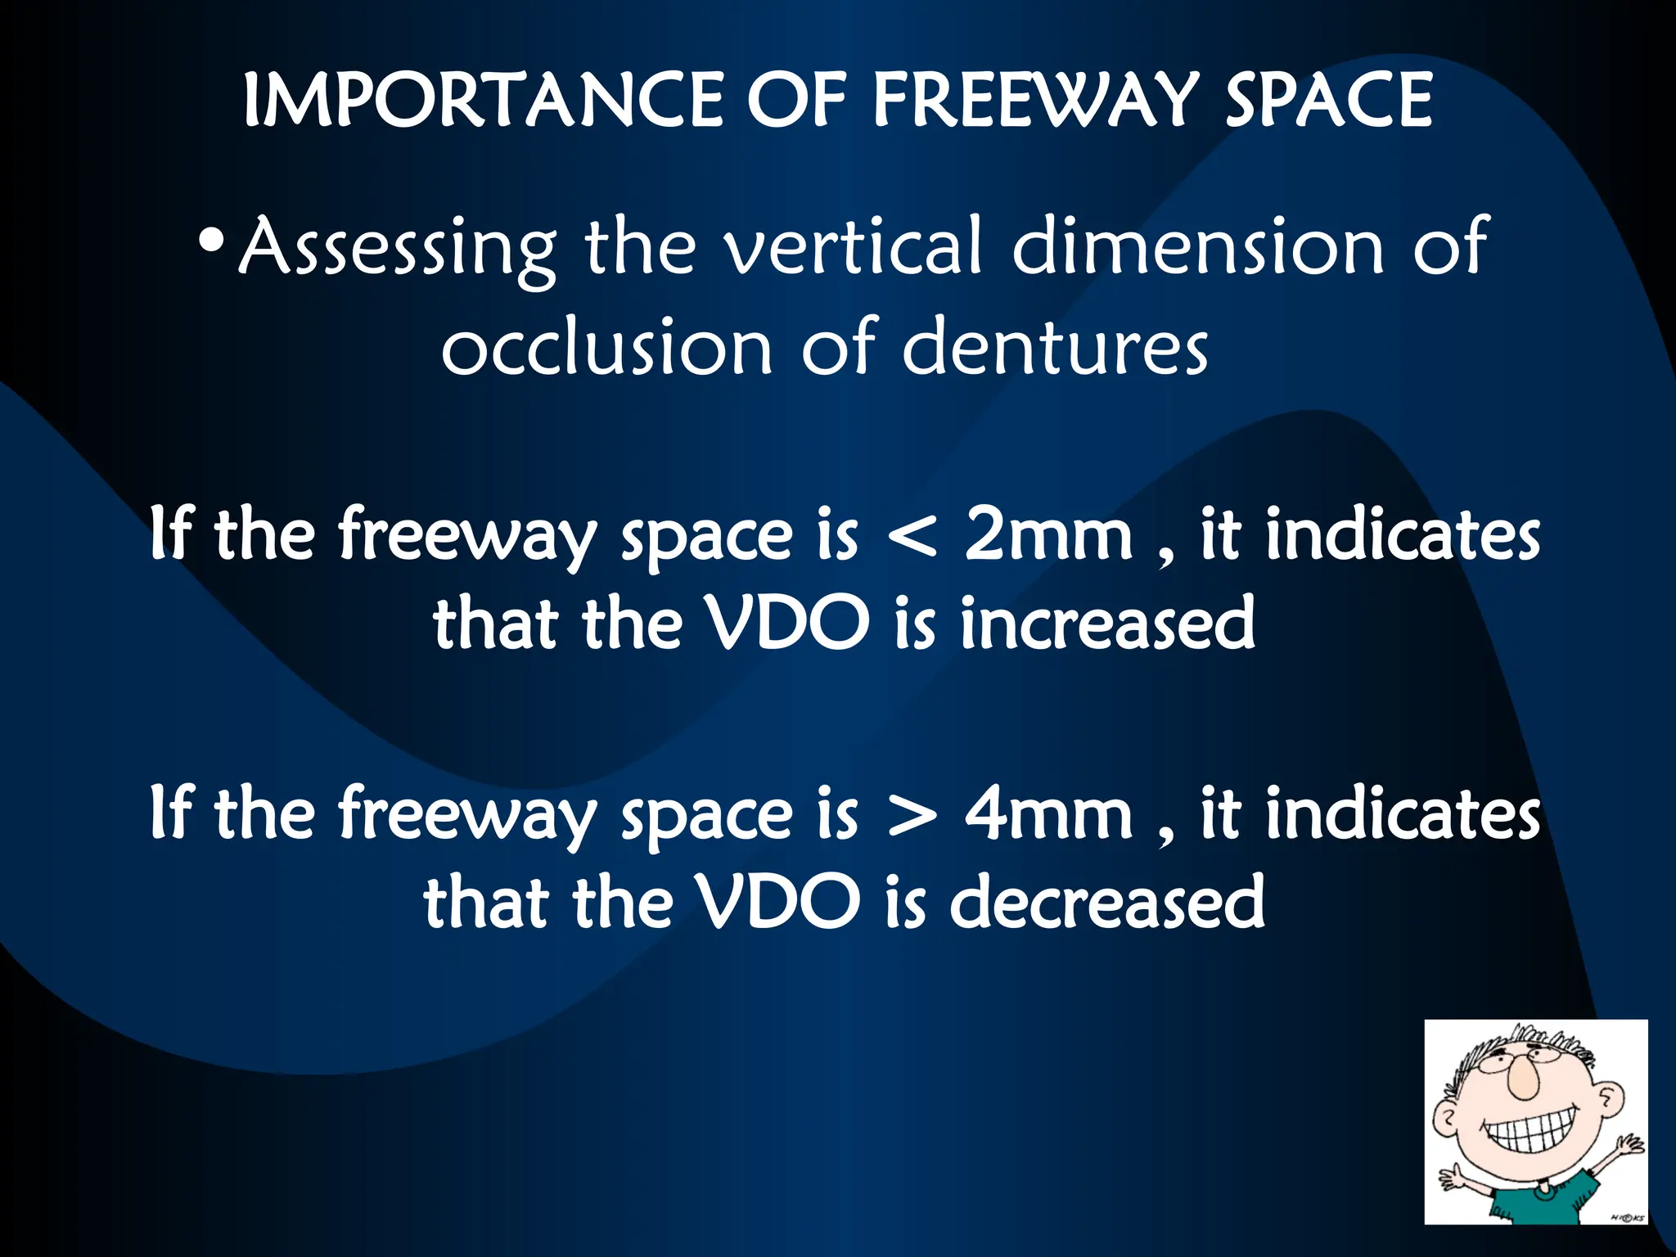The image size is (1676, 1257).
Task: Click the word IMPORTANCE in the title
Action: click(483, 100)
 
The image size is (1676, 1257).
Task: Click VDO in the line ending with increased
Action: click(788, 624)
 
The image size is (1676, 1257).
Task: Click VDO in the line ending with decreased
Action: click(778, 902)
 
